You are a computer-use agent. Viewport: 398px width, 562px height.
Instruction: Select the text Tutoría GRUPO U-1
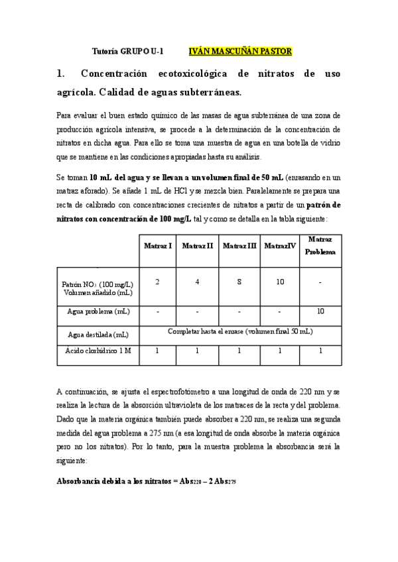(x=127, y=51)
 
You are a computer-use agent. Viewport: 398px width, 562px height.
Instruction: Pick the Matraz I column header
(x=159, y=246)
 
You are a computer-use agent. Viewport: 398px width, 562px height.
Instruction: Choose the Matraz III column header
(x=239, y=246)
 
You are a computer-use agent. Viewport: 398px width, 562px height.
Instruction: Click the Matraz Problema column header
(x=320, y=245)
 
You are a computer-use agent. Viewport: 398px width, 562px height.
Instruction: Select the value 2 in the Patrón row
(x=157, y=282)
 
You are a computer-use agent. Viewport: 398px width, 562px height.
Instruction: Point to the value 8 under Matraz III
(x=239, y=282)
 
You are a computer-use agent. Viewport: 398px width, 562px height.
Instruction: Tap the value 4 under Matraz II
(x=198, y=282)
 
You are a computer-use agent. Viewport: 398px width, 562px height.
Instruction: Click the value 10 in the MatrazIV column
(x=280, y=282)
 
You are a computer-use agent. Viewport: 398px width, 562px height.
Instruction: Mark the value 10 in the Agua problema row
(x=320, y=311)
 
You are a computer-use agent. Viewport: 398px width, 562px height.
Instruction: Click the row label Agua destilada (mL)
(x=98, y=335)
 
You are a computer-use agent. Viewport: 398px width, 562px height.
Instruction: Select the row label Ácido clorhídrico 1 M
(x=98, y=351)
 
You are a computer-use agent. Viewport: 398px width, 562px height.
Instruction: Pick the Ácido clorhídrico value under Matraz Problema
(x=320, y=351)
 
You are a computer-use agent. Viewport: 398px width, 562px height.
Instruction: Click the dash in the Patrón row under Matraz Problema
(x=320, y=282)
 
